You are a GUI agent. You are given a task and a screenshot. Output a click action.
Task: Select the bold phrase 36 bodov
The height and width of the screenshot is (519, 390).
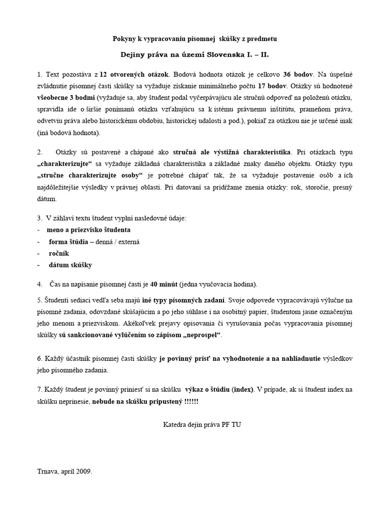[x=300, y=75]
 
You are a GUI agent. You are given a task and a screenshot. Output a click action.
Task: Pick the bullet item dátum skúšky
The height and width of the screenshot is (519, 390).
[x=70, y=265]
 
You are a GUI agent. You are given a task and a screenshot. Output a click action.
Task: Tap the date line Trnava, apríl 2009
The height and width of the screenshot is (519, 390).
[x=64, y=471]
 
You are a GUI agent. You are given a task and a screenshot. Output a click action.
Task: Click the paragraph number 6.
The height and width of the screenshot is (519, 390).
[x=40, y=358]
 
